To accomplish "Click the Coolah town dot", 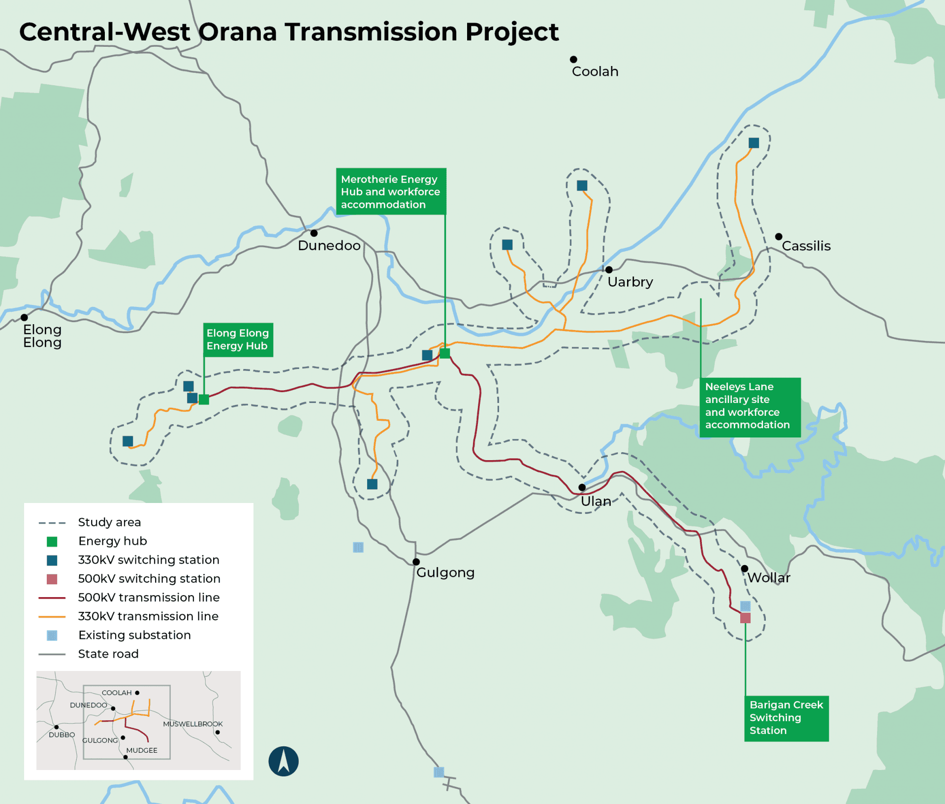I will [x=573, y=60].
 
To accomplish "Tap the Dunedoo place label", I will [x=329, y=245].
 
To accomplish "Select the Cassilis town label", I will [x=806, y=246].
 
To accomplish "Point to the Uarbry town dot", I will [x=609, y=269].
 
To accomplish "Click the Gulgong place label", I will [x=445, y=572].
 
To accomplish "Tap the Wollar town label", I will [x=768, y=577].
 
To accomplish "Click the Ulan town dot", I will [x=582, y=487].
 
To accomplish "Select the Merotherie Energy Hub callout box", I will [x=391, y=192].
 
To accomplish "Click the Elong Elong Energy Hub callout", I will [x=238, y=339].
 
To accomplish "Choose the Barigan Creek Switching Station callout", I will [x=786, y=718].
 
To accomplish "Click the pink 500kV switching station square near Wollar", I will [x=745, y=618].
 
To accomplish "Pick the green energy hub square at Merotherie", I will [x=445, y=353].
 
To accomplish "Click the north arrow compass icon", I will [x=283, y=761].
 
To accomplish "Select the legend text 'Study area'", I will [x=109, y=522].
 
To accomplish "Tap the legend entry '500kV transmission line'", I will [x=149, y=598].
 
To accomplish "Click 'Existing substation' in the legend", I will [x=134, y=635].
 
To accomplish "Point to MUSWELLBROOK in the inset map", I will [x=193, y=724].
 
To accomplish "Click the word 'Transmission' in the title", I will [x=371, y=32].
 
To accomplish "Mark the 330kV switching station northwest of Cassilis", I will [x=754, y=143].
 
